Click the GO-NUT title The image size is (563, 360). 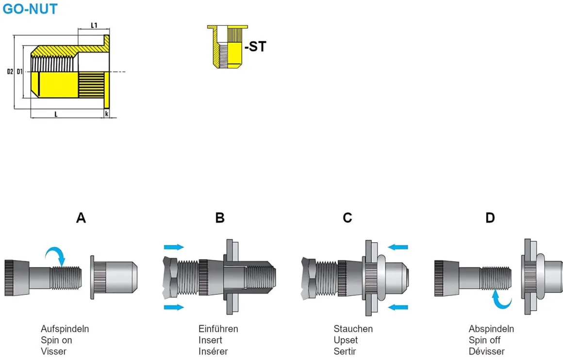(x=30, y=9)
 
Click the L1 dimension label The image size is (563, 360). (x=95, y=25)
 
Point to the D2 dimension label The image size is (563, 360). (x=10, y=72)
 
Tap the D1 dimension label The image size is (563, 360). (x=19, y=72)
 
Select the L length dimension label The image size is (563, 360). (x=56, y=114)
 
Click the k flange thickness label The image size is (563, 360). (x=107, y=114)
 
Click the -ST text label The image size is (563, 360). (x=255, y=47)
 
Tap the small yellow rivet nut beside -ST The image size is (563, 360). (x=227, y=47)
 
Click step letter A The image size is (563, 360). (x=81, y=218)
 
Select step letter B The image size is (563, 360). (x=220, y=218)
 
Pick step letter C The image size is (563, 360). (x=348, y=218)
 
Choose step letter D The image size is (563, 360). (x=490, y=218)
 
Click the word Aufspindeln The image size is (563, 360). (x=65, y=329)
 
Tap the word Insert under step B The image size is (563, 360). (x=210, y=340)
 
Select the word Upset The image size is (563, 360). (x=346, y=340)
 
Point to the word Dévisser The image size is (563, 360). (x=486, y=351)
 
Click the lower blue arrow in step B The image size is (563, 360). (x=174, y=307)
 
